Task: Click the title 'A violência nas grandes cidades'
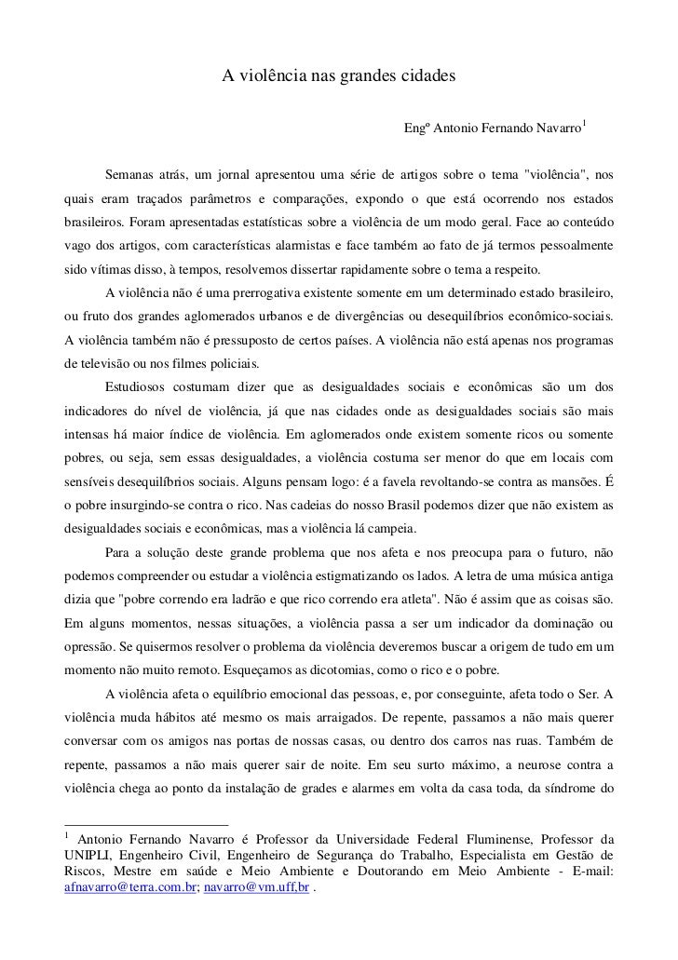(x=338, y=74)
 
